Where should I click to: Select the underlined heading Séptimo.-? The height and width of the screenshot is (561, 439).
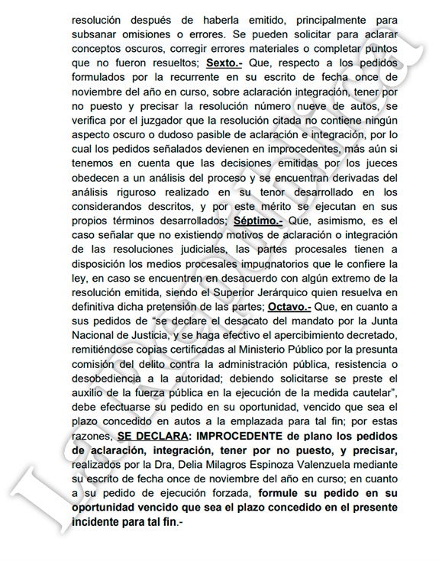pos(259,220)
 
